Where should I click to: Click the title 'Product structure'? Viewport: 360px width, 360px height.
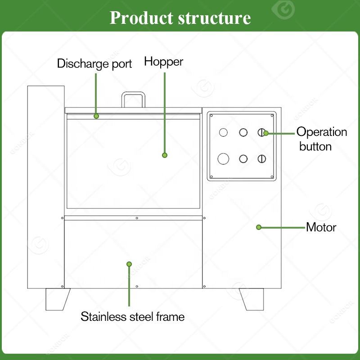(x=180, y=18)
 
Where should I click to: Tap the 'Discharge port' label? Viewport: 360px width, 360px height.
(x=94, y=63)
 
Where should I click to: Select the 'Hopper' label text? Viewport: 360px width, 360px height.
(x=164, y=62)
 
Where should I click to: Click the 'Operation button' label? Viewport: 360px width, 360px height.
(x=321, y=139)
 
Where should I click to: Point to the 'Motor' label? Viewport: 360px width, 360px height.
(x=321, y=227)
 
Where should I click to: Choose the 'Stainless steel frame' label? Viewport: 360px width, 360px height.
(x=132, y=316)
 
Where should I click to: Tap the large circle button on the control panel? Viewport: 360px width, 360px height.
(x=223, y=159)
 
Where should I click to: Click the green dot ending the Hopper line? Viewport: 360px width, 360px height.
(x=165, y=155)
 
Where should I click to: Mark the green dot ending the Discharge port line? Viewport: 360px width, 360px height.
(x=96, y=116)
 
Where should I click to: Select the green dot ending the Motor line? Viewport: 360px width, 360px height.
(x=259, y=227)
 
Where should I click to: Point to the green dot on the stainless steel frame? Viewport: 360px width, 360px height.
(x=129, y=264)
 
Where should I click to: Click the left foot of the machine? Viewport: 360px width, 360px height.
(x=58, y=299)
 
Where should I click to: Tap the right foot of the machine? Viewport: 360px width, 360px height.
(x=251, y=299)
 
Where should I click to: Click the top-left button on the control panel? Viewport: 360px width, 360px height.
(x=223, y=132)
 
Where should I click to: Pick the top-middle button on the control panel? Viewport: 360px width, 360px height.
(x=243, y=132)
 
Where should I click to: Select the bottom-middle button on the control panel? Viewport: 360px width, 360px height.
(x=243, y=159)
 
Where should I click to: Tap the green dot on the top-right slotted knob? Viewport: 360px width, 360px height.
(x=266, y=133)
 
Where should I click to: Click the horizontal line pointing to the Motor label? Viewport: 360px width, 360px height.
(x=283, y=227)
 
